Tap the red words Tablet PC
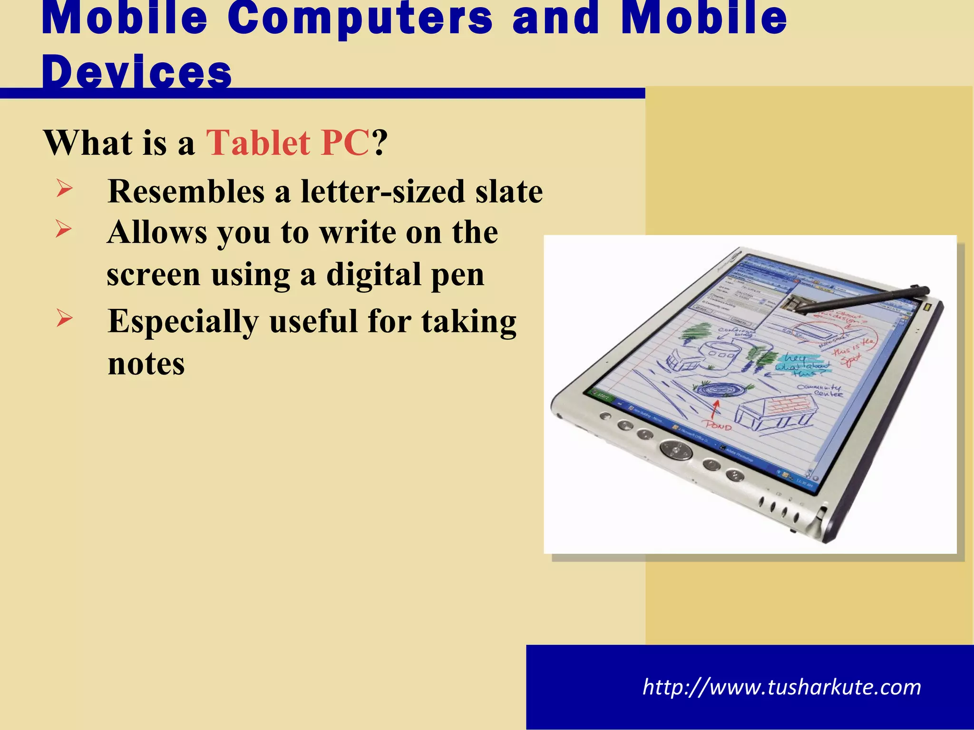(x=287, y=143)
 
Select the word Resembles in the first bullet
(x=186, y=192)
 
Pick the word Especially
(x=183, y=322)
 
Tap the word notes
(x=146, y=364)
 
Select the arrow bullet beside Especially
(x=64, y=318)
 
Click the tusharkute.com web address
(x=781, y=687)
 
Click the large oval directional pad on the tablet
(x=675, y=449)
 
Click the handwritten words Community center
(x=819, y=390)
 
